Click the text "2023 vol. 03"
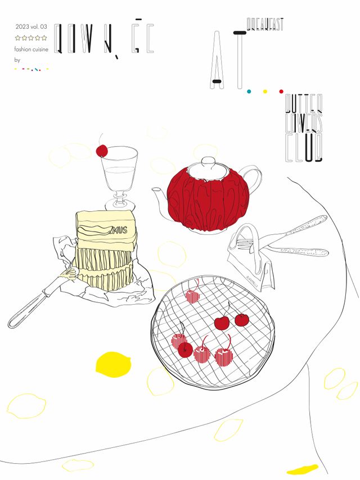tap(31, 26)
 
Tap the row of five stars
tap(31, 38)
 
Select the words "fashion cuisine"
tap(31, 49)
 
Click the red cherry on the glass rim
tap(102, 151)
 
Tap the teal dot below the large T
tap(248, 91)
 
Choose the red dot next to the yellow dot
tap(281, 91)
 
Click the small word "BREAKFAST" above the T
tap(265, 24)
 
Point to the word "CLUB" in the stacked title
tap(304, 147)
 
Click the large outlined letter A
tap(217, 59)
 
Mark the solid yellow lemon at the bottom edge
tap(303, 469)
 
